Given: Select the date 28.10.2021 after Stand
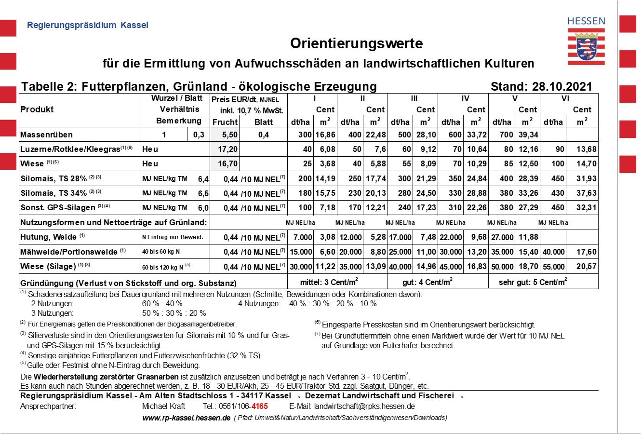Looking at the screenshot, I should click(562, 87).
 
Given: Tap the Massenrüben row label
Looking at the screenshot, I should click(46, 135).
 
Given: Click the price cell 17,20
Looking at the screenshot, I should click(227, 149).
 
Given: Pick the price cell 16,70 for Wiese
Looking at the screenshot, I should click(227, 164).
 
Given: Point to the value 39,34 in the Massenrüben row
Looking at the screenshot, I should click(528, 135).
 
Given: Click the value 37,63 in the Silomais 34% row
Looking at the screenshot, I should click(586, 193).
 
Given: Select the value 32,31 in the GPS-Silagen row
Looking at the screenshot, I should click(586, 208).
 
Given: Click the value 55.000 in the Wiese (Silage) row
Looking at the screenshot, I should click(554, 266).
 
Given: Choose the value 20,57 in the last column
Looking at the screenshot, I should click(586, 266).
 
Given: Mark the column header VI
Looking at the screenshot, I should click(565, 99).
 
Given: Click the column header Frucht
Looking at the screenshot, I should click(225, 122).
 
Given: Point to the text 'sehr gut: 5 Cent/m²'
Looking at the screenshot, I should click(533, 282).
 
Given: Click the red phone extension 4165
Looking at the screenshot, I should click(260, 407).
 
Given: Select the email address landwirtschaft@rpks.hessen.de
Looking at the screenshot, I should click(364, 407).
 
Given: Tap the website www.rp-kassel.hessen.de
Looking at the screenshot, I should click(186, 418).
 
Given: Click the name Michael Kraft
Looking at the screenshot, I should click(163, 407).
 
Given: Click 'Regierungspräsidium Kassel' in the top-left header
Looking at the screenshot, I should click(87, 25).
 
